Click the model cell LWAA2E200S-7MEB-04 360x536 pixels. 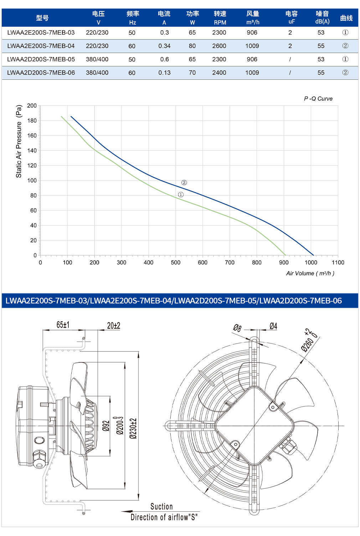pyautogui.click(x=41, y=46)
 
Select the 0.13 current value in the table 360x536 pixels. pyautogui.click(x=164, y=73)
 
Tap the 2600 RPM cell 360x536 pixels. pyautogui.click(x=219, y=46)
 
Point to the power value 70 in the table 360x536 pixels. pyautogui.click(x=192, y=73)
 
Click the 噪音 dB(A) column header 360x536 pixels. pyautogui.click(x=322, y=17)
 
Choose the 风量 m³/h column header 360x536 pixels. pyautogui.click(x=253, y=18)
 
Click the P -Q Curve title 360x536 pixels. pyautogui.click(x=318, y=99)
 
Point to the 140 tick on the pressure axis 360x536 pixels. pyautogui.click(x=32, y=151)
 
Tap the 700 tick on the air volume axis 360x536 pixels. pyautogui.click(x=230, y=262)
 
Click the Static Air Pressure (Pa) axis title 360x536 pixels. pyautogui.click(x=19, y=141)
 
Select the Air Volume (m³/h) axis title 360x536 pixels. pyautogui.click(x=310, y=273)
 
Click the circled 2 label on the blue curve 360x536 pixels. pyautogui.click(x=184, y=183)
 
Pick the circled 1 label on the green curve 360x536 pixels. pyautogui.click(x=181, y=195)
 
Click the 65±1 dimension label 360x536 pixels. pyautogui.click(x=63, y=325)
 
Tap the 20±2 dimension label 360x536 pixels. pyautogui.click(x=114, y=326)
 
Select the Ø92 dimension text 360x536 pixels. pyautogui.click(x=106, y=426)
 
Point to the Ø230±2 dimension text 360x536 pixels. pyautogui.click(x=133, y=428)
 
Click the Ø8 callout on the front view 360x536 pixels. pyautogui.click(x=237, y=328)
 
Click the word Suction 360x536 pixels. pyautogui.click(x=161, y=506)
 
